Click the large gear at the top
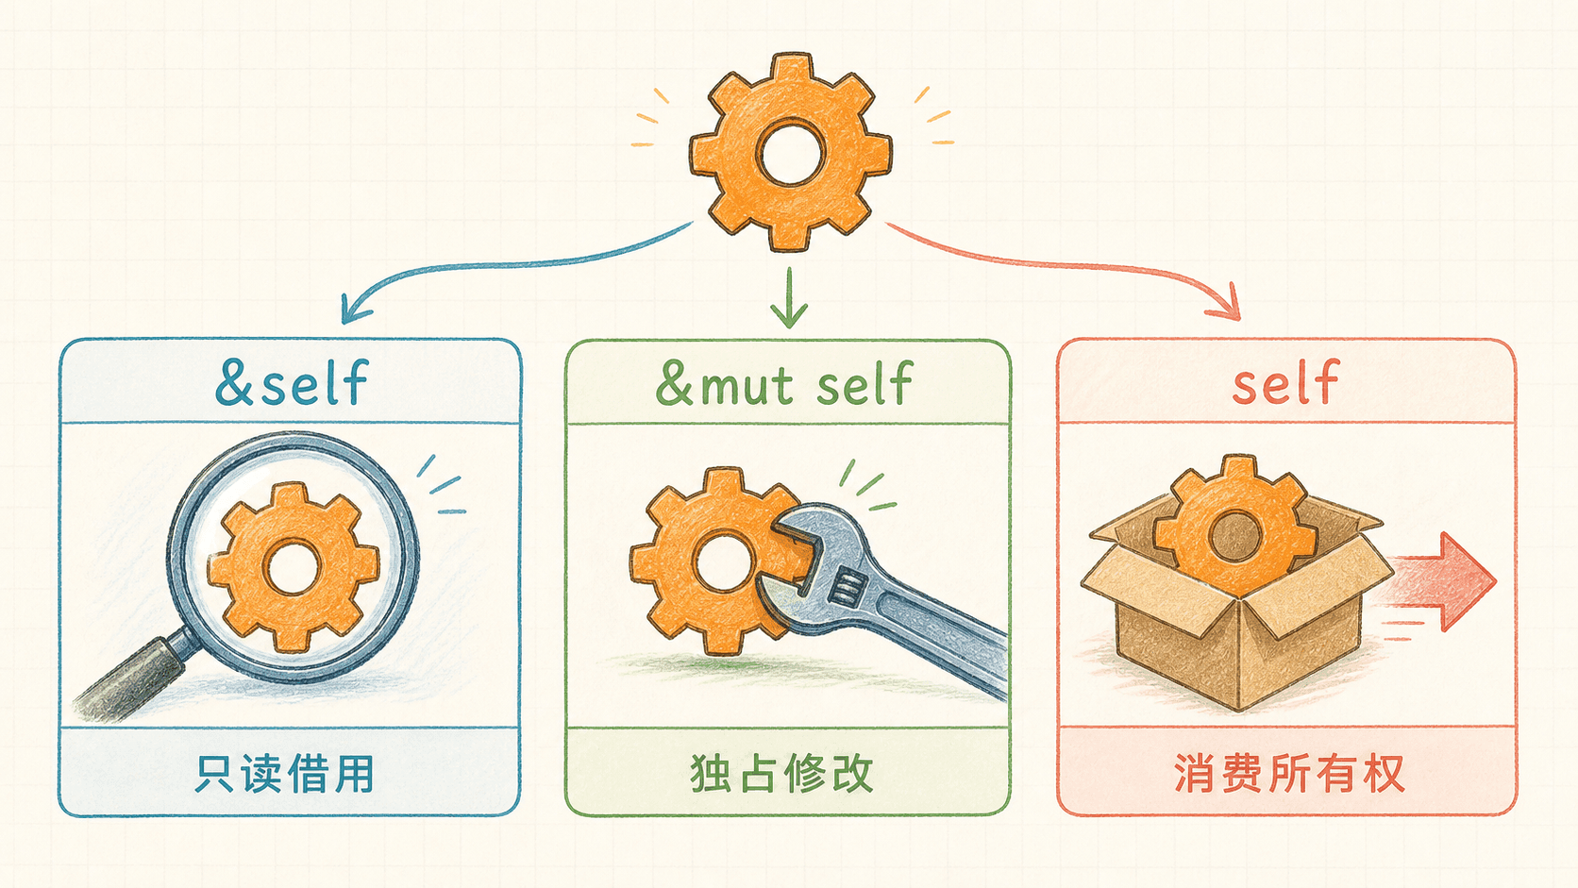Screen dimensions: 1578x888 tap(790, 151)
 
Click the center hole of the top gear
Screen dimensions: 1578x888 tap(790, 152)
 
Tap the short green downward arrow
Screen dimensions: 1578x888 tap(789, 298)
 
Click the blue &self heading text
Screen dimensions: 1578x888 tap(292, 382)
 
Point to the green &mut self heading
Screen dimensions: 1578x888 tap(784, 383)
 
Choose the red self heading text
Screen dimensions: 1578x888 tap(1285, 381)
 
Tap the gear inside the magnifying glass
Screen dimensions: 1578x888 tap(294, 567)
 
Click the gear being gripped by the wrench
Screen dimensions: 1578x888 tap(712, 560)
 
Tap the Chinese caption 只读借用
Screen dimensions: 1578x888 tap(284, 774)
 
